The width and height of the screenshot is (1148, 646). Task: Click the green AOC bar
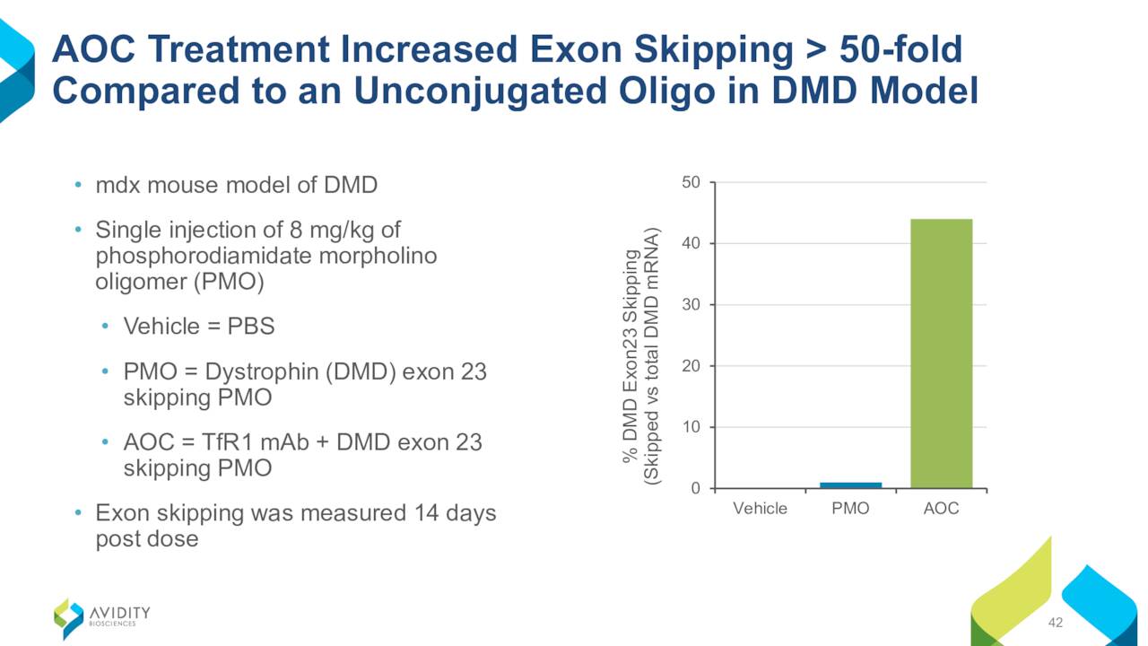click(x=941, y=354)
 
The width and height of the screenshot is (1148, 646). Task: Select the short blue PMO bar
click(x=851, y=485)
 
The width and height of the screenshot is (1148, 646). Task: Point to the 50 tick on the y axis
click(x=691, y=182)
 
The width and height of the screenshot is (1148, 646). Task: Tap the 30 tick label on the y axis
click(x=691, y=304)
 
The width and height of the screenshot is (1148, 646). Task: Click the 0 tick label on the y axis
click(x=695, y=488)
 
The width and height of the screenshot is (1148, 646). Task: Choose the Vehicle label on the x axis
click(x=760, y=508)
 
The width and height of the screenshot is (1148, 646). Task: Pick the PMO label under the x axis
click(x=851, y=508)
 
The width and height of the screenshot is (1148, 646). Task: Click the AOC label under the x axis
click(x=941, y=508)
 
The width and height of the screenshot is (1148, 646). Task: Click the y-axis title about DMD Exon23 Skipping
click(x=641, y=356)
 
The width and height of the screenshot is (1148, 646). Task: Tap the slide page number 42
click(x=1056, y=623)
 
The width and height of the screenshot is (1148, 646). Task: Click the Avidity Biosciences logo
click(x=102, y=618)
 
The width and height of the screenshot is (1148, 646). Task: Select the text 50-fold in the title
click(x=900, y=49)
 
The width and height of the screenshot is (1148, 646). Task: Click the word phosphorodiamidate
click(x=204, y=256)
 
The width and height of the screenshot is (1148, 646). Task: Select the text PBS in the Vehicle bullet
click(x=250, y=326)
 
